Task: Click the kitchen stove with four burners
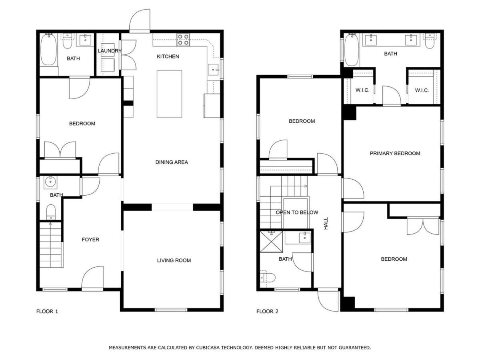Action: (x=183, y=40)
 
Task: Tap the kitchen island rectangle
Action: (x=169, y=94)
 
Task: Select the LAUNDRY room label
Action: (x=109, y=51)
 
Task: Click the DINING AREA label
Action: (x=172, y=162)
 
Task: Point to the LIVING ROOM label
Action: (x=174, y=260)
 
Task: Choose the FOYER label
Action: (x=90, y=240)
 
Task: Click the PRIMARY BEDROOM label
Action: (x=395, y=154)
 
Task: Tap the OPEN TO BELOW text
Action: (x=297, y=212)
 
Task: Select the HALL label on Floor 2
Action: (x=326, y=223)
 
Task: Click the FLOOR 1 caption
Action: (x=47, y=312)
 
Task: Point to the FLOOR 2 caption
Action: (x=267, y=312)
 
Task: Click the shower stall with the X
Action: (x=271, y=242)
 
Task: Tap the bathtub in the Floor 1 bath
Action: (x=48, y=49)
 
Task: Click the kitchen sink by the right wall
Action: (x=213, y=70)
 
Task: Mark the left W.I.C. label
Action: (x=362, y=90)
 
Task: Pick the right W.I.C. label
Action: (x=422, y=90)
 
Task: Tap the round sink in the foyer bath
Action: (x=50, y=182)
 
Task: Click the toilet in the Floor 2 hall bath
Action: (x=268, y=278)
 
